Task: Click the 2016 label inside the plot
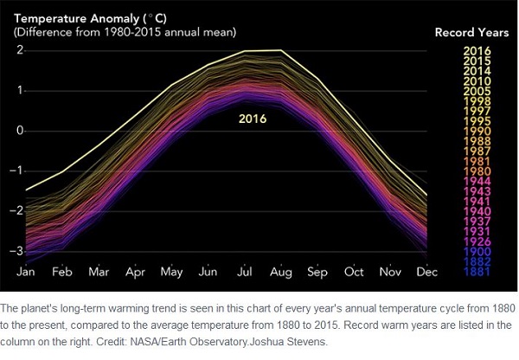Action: pos(253,119)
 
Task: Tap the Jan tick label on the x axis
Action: pos(27,272)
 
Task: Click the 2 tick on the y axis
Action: pos(19,50)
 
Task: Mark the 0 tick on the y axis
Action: pos(19,131)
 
